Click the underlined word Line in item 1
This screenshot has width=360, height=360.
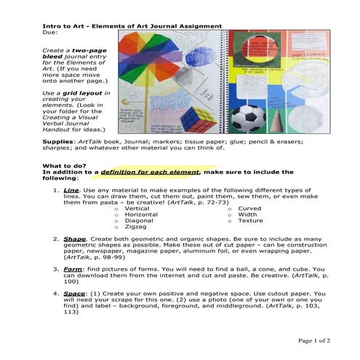71,190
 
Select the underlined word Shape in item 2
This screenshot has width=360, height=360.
74,239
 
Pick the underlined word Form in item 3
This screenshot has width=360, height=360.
72,268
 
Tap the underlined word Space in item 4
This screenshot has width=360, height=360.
73,293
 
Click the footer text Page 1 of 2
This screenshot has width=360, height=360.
313,340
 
